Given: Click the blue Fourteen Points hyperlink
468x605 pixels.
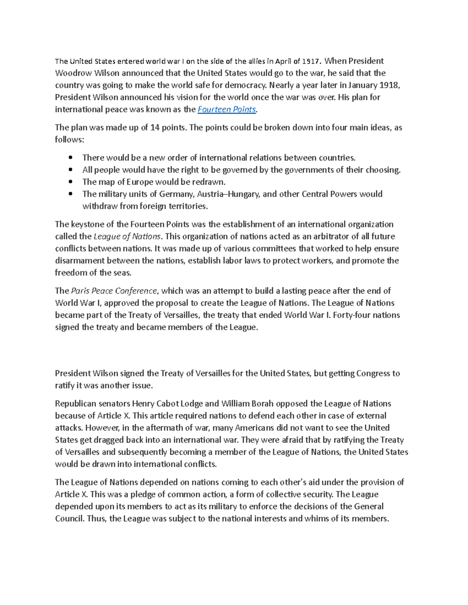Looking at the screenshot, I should click(227, 109).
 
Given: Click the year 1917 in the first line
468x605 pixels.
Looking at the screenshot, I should click(311, 61).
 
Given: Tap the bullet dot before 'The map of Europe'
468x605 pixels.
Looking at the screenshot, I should click(71, 182).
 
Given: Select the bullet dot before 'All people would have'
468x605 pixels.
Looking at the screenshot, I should click(71, 169).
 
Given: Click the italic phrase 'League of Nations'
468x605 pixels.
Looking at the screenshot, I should click(127, 236).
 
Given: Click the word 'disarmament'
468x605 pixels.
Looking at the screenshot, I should click(80, 261).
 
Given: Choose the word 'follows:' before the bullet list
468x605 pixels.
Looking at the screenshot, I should click(69, 139).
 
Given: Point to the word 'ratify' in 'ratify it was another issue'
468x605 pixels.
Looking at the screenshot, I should click(64, 386).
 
